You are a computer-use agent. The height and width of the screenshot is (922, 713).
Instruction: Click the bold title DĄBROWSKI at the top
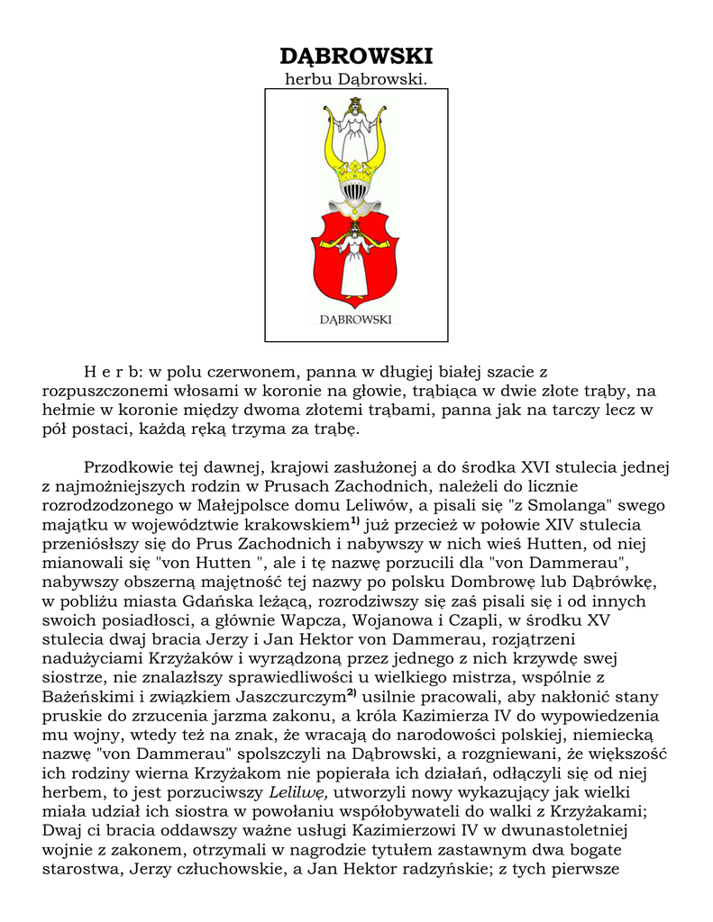click(356, 57)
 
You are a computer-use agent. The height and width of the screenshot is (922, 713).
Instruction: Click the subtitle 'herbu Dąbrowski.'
click(355, 80)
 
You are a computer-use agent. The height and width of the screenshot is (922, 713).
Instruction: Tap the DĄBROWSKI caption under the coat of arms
click(355, 318)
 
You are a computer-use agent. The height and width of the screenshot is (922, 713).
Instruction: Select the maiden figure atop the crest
click(355, 126)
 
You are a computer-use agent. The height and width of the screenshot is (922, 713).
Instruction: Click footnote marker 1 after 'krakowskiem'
click(355, 520)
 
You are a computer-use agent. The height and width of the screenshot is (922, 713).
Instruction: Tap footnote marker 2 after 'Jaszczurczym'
click(352, 693)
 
